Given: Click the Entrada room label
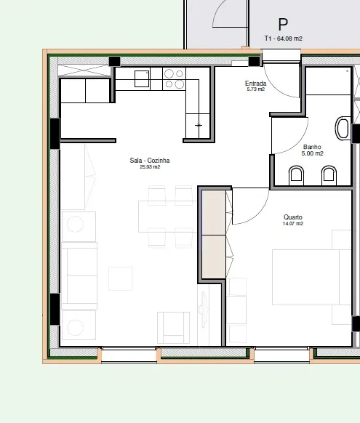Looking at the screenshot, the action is pyautogui.click(x=255, y=84).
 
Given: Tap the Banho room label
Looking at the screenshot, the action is pyautogui.click(x=312, y=147).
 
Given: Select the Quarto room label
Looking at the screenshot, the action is pyautogui.click(x=293, y=217).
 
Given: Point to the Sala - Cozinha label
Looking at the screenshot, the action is pyautogui.click(x=150, y=161).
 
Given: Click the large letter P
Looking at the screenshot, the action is pyautogui.click(x=283, y=25).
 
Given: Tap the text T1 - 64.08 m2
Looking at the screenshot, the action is pyautogui.click(x=284, y=39).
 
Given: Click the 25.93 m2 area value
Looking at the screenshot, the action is pyautogui.click(x=150, y=167).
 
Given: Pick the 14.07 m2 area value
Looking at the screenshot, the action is pyautogui.click(x=293, y=224).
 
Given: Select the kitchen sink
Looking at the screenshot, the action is pyautogui.click(x=142, y=78).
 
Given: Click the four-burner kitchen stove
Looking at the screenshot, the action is pyautogui.click(x=174, y=78).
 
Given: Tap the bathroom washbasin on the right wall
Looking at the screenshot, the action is pyautogui.click(x=343, y=128).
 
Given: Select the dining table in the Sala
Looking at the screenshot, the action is pyautogui.click(x=167, y=217).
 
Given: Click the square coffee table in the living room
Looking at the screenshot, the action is pyautogui.click(x=120, y=278).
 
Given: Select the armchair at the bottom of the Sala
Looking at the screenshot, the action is pyautogui.click(x=173, y=328).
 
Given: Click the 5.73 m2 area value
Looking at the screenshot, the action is pyautogui.click(x=256, y=89).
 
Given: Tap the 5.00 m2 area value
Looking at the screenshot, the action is pyautogui.click(x=313, y=153).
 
